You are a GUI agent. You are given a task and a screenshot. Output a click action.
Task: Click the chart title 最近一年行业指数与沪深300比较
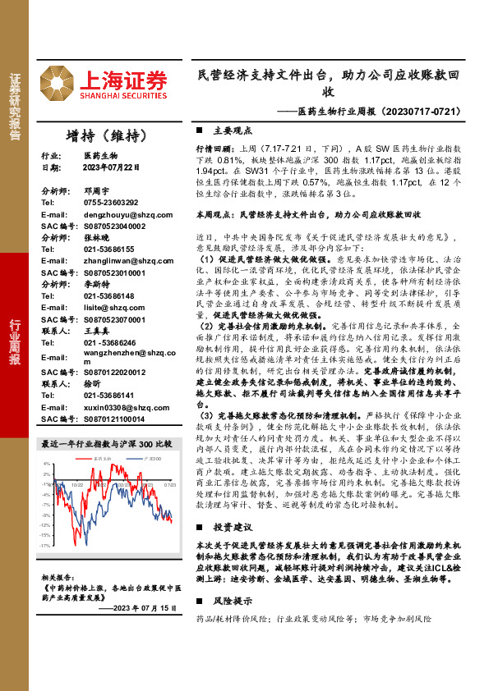(x=107, y=444)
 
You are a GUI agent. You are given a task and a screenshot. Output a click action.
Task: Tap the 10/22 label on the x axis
(x=76, y=485)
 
